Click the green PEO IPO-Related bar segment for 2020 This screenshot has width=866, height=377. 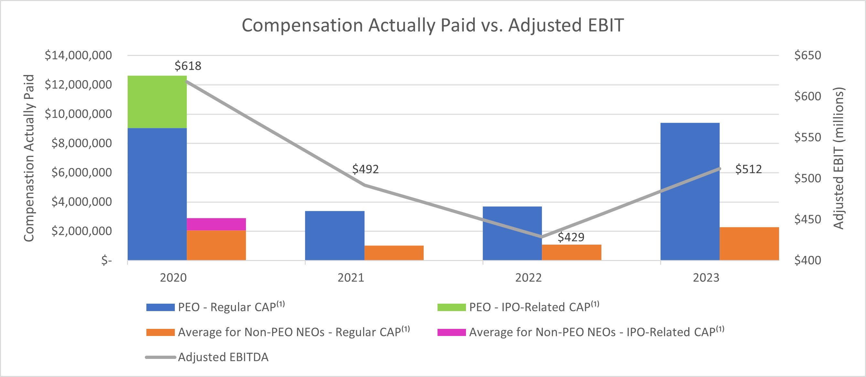point(157,102)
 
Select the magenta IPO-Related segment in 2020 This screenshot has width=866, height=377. point(216,224)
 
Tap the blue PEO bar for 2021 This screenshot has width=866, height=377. point(334,235)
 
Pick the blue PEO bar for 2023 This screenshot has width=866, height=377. point(690,192)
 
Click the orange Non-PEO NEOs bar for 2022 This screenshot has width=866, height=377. point(572,252)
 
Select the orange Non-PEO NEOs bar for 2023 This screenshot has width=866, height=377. point(749,244)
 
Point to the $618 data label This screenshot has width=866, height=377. point(188,66)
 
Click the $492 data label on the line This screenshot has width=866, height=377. point(365,169)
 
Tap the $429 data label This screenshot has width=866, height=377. point(571,237)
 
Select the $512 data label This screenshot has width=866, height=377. point(748,169)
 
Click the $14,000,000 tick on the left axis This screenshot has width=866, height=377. point(78,55)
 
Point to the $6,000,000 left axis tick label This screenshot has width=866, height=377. point(81,173)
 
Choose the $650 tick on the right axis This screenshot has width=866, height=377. point(808,55)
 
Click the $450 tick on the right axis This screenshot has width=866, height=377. point(808,219)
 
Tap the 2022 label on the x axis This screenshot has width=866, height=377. point(528,278)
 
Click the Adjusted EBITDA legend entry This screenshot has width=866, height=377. point(223,357)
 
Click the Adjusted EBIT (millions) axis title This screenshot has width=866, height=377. point(839,158)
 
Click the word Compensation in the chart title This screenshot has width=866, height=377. point(302,25)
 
